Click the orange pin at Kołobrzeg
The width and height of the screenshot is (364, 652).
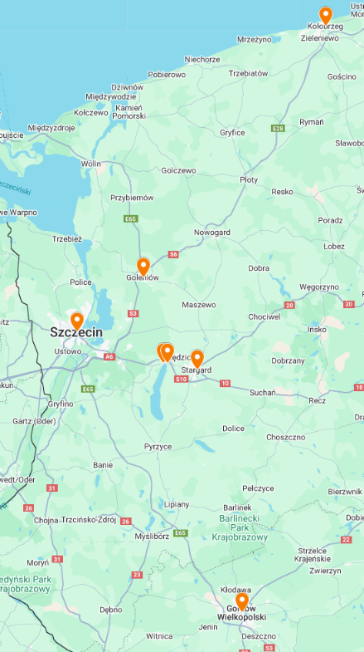326,15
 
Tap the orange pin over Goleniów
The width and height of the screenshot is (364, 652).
143,266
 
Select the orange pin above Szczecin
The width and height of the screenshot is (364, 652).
77,320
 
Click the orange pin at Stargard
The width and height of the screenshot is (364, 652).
197,358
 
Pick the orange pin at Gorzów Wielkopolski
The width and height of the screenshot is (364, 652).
241,601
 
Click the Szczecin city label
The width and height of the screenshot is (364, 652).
76,332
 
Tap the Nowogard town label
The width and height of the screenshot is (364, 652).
211,233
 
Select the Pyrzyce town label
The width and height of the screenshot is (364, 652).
158,446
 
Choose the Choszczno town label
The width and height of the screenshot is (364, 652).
286,437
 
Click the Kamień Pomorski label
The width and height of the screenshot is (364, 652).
129,111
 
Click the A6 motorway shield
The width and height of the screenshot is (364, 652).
109,356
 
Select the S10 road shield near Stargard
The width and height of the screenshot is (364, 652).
181,379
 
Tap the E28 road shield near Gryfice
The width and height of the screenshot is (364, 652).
278,128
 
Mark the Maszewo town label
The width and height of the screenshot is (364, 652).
198,305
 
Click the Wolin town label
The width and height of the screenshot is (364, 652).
90,164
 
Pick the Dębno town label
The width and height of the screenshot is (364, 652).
110,609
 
